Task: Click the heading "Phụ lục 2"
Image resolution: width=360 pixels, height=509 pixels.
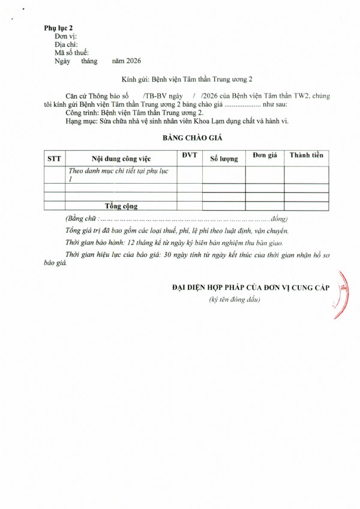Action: [58, 28]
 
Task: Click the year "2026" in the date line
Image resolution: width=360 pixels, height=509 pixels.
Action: [131, 61]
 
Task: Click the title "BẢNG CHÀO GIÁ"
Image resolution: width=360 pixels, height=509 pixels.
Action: [193, 137]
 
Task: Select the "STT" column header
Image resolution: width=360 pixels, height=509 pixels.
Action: [55, 158]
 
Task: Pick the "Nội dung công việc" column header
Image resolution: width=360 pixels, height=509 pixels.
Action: [121, 158]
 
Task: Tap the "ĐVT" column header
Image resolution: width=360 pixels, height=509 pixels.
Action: [189, 155]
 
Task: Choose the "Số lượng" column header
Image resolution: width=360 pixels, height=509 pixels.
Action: [224, 159]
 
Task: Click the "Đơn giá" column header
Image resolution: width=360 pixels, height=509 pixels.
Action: [265, 155]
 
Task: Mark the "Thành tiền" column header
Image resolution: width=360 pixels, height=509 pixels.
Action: [306, 155]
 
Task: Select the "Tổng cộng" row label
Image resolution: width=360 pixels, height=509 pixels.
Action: [121, 206]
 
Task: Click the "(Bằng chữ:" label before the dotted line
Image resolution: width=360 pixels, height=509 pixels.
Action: [80, 217]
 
